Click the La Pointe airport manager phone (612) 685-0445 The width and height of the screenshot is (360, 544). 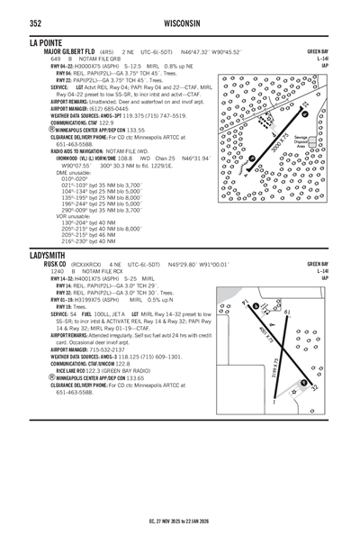point(124,109)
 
